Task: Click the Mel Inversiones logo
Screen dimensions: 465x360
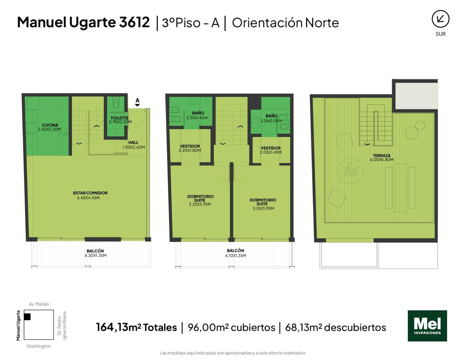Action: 427,326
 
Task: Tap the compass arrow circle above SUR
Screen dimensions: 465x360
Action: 440,19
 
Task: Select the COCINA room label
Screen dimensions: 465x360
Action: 50,125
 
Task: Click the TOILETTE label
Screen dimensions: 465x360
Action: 119,118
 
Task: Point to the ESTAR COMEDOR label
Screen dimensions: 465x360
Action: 90,193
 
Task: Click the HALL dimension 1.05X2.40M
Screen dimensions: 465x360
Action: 134,147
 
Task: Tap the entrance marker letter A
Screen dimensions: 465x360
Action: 137,100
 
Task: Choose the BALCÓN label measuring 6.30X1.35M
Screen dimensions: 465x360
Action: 95,251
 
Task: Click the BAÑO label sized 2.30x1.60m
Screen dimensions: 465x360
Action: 198,113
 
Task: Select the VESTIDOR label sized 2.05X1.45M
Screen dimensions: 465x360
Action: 271,148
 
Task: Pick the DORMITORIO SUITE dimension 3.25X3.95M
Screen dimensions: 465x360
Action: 200,204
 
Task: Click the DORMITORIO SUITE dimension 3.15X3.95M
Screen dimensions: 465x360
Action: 263,208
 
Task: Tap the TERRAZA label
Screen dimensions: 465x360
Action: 381,156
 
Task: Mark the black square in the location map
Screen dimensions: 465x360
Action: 27,317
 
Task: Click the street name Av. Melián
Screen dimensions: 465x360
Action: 39,304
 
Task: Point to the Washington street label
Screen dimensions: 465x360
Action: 39,346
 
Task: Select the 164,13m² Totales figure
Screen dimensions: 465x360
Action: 137,327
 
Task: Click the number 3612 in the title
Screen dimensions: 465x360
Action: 134,22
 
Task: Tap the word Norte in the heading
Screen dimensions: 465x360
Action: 322,23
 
